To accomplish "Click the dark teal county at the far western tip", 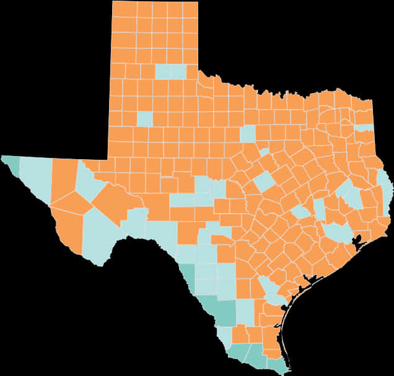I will [11, 164].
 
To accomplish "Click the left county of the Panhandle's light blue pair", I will [163, 71].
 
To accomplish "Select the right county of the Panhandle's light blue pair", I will [178, 71].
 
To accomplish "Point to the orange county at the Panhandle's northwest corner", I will [124, 9].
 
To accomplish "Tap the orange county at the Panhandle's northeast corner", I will [191, 9].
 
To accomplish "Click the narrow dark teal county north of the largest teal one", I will [187, 275].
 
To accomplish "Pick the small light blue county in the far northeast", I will [366, 128].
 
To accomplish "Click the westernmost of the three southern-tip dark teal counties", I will [237, 354].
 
